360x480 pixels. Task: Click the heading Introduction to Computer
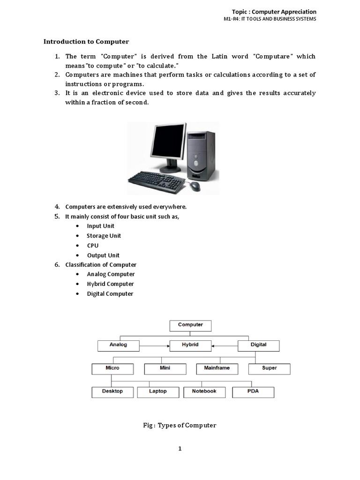coord(86,41)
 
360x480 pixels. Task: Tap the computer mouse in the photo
coord(194,186)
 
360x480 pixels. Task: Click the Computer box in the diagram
coord(190,325)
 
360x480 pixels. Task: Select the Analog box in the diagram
coord(118,345)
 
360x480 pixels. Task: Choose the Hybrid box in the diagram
coord(190,345)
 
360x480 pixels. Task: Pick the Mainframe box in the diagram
coord(217,368)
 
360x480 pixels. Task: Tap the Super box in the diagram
coord(269,368)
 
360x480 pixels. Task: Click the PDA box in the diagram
coord(253,391)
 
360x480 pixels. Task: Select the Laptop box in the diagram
coord(157,391)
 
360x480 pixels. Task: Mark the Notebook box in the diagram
coord(204,391)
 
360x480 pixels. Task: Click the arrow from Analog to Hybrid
coord(154,346)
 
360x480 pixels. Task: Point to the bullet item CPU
coord(92,246)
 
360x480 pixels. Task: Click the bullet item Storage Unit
coord(104,236)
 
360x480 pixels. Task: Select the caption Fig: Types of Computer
coord(180,425)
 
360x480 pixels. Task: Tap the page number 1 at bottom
coord(180,449)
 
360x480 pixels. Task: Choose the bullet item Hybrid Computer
coord(110,284)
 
